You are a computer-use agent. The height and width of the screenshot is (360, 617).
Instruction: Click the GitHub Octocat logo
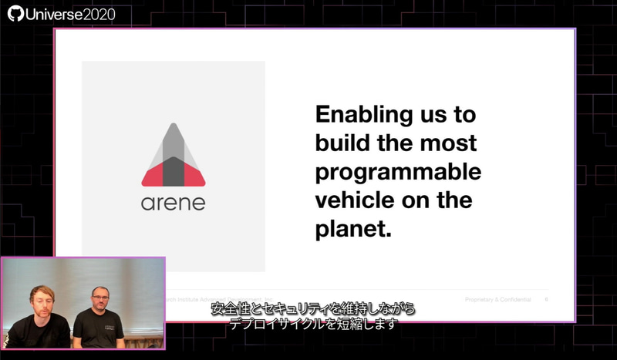(15, 14)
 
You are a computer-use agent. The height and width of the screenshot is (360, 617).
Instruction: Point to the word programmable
(398, 172)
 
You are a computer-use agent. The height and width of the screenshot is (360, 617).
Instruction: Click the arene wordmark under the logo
(173, 205)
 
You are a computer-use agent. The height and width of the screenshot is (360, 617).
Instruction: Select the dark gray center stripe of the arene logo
(174, 166)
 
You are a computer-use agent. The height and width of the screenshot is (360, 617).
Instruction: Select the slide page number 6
(546, 299)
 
